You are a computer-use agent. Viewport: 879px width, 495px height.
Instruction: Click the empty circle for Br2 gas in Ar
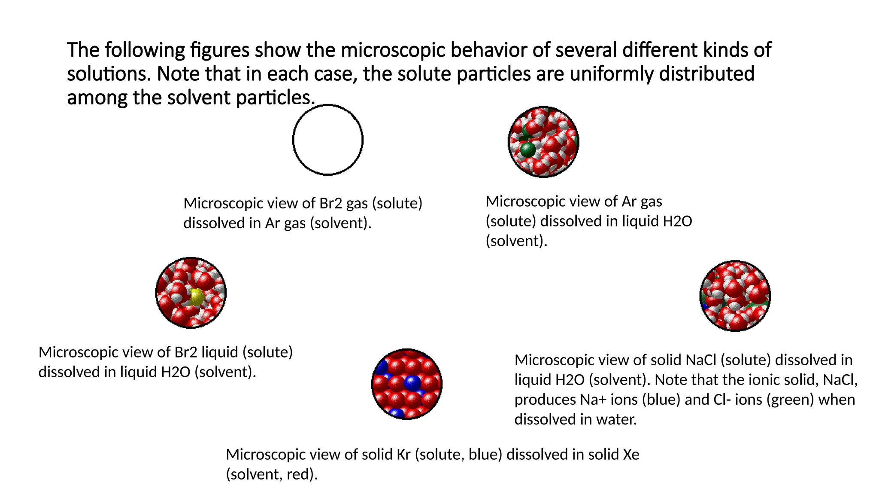pyautogui.click(x=328, y=140)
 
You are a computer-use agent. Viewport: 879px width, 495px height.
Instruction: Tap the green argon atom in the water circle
pyautogui.click(x=527, y=149)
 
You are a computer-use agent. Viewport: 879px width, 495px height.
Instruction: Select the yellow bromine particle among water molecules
pyautogui.click(x=197, y=296)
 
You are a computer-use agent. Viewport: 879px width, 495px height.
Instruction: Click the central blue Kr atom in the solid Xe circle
pyautogui.click(x=412, y=382)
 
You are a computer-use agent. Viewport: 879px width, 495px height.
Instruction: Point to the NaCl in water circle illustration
pyautogui.click(x=735, y=296)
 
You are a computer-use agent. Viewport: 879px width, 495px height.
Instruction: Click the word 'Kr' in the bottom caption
pyautogui.click(x=403, y=455)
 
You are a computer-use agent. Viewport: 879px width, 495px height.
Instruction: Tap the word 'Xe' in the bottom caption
pyautogui.click(x=631, y=455)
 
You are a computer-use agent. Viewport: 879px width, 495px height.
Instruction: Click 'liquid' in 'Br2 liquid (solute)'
pyautogui.click(x=220, y=352)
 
